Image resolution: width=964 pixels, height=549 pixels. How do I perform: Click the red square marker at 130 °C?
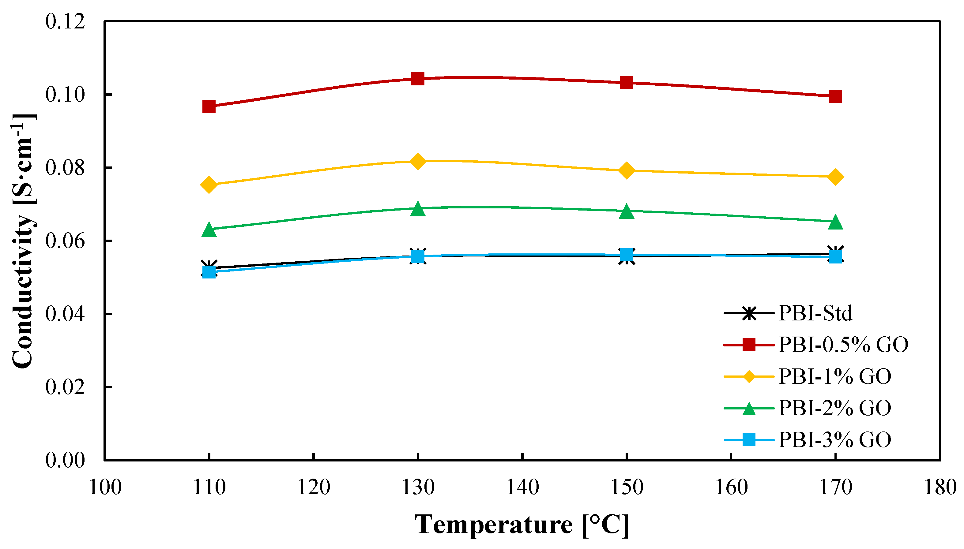418,79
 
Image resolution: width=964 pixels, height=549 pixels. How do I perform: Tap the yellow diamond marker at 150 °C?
626,170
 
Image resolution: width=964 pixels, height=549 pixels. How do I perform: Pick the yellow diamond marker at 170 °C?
835,177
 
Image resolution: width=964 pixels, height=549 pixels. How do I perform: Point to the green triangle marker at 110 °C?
209,230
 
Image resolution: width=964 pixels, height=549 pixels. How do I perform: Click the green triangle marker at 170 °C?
835,222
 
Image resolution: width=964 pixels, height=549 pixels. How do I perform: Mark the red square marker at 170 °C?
835,96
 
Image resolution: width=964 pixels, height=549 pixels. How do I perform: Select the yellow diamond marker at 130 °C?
418,161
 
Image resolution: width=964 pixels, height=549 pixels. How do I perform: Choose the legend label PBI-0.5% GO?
843,344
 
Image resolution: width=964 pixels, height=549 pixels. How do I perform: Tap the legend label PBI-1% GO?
834,376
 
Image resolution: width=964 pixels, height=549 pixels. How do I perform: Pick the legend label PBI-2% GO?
834,408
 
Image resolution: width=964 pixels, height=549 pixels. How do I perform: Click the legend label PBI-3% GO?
834,439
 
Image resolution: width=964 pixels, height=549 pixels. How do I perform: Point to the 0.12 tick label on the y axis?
65,21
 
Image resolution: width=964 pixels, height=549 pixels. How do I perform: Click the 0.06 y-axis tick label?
65,241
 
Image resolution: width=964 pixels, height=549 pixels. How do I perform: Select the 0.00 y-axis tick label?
65,460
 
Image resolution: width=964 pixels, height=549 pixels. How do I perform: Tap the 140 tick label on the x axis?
522,487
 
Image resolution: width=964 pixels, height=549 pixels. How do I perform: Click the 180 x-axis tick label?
940,487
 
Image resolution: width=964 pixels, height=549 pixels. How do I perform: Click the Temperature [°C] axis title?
522,525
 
